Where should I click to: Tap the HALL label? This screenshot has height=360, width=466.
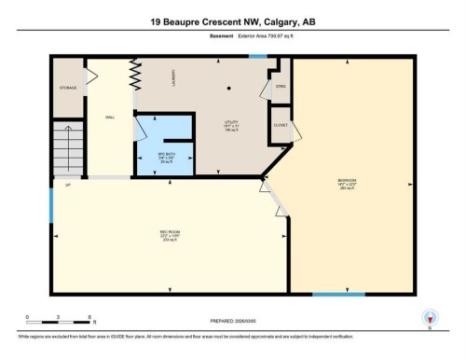pyautogui.click(x=109, y=117)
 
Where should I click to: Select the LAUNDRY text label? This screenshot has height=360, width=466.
pyautogui.click(x=174, y=83)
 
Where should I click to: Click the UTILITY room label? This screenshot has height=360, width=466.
pyautogui.click(x=230, y=121)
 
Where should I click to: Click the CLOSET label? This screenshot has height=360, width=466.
pyautogui.click(x=281, y=124)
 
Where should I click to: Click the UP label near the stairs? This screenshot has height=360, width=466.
pyautogui.click(x=68, y=186)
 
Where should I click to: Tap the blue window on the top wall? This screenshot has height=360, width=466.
pyautogui.click(x=258, y=58)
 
